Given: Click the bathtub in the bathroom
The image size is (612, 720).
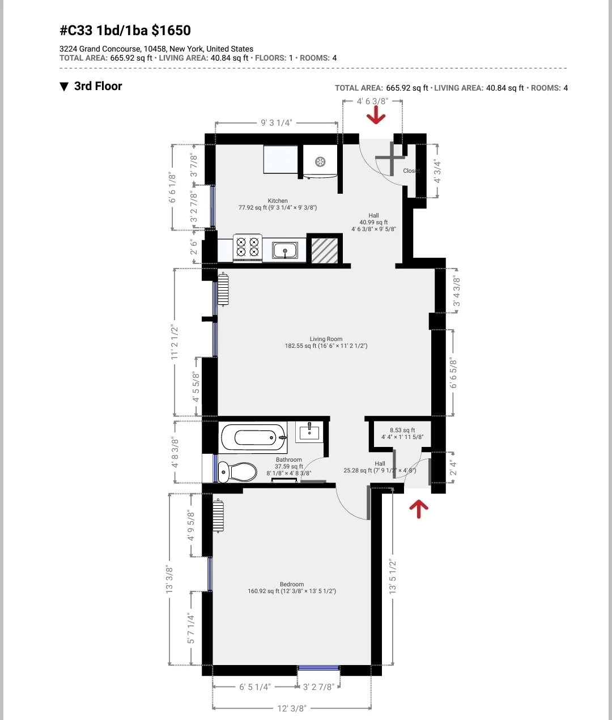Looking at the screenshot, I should [x=253, y=437].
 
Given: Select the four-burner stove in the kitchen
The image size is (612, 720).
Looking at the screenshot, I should [x=248, y=248].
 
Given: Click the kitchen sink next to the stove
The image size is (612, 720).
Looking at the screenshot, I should [x=285, y=250].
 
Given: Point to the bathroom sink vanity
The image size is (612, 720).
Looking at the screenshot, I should [x=309, y=432].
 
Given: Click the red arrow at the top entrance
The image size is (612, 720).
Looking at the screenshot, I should [x=376, y=117].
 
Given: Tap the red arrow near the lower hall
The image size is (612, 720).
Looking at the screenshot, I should [x=419, y=508].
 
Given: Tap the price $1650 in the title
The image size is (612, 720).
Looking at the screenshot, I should [x=171, y=31].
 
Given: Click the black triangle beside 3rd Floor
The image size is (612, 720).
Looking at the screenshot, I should [x=64, y=87].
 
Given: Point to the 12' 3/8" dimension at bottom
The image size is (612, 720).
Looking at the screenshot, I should [x=292, y=708].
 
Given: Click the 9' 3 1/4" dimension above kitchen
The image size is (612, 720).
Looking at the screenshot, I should [x=277, y=123].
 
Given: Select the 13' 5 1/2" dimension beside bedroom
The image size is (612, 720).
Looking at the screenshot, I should [x=393, y=577].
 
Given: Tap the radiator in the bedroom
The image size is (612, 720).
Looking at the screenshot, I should [x=218, y=515].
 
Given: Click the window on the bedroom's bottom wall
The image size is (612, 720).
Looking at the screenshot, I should [x=318, y=668].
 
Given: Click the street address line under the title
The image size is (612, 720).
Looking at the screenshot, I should [x=156, y=49].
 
